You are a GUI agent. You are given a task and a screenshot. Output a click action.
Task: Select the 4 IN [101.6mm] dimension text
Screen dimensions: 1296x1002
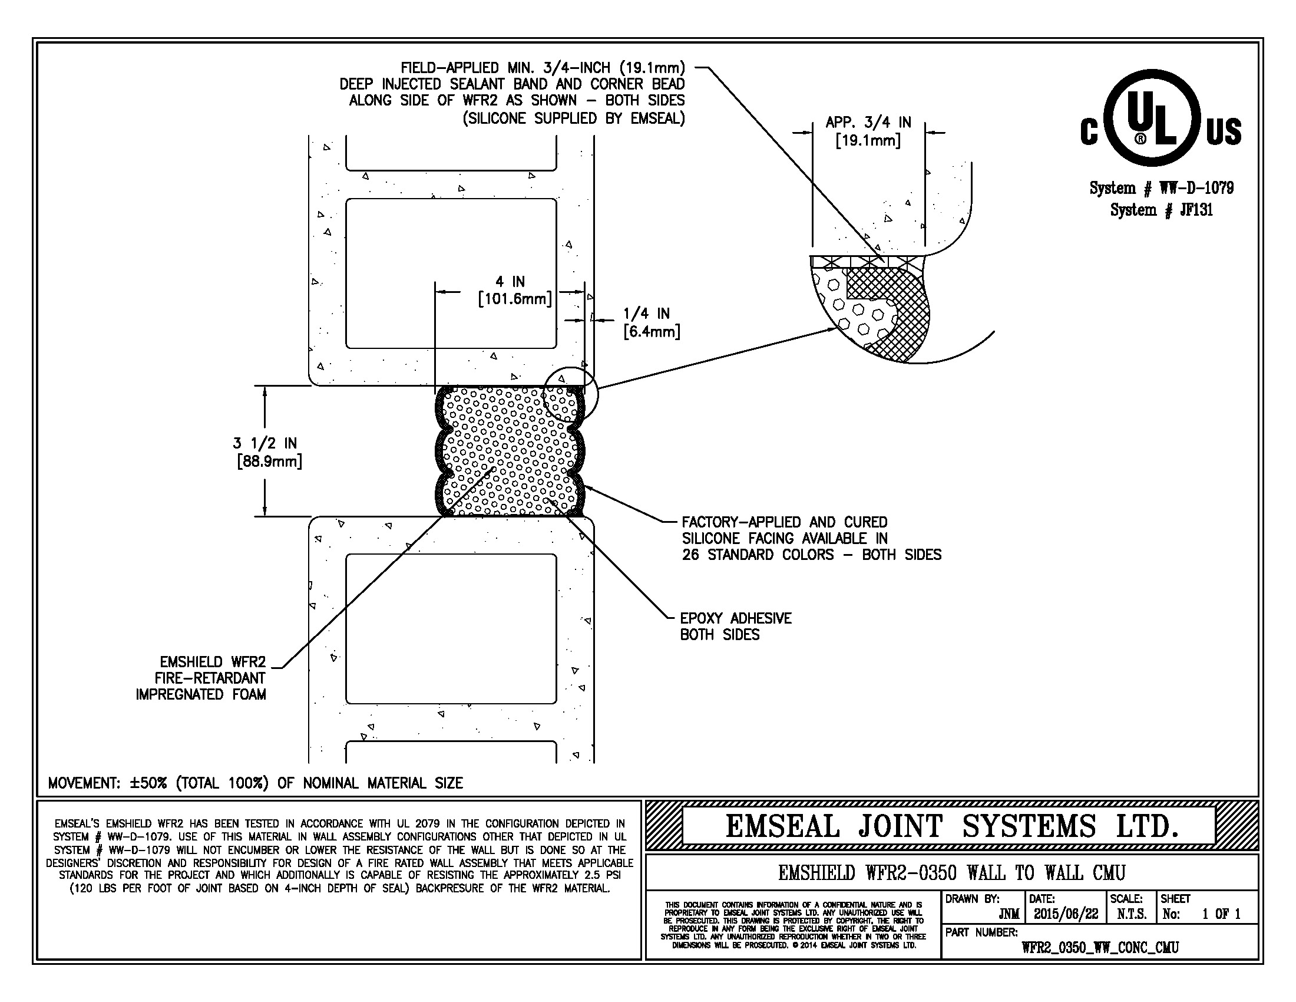coord(514,290)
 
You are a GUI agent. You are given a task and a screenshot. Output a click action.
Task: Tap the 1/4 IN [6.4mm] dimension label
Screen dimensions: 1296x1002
coord(652,322)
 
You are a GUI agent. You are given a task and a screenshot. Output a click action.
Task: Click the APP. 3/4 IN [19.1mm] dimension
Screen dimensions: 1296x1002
coord(868,132)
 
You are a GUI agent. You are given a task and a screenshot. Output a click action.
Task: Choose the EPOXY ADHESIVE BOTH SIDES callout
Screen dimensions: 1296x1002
coord(736,626)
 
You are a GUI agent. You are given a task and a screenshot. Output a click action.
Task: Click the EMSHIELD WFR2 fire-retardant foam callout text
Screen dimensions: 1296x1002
coord(201,678)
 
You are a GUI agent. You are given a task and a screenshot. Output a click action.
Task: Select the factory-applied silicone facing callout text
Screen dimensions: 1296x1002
coord(811,538)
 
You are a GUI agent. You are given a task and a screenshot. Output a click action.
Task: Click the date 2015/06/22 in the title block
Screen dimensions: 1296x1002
coord(1066,914)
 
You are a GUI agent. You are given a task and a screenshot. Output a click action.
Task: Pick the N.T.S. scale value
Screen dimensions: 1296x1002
coord(1132,914)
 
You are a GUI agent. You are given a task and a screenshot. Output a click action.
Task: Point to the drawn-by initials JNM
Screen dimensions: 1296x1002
coord(1009,914)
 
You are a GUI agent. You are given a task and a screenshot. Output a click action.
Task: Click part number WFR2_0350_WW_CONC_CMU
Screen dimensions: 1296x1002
coord(1100,947)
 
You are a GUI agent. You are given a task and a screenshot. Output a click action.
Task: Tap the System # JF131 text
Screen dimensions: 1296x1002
coord(1161,210)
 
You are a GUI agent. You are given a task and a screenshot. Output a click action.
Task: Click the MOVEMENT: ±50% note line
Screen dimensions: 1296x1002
coord(255,783)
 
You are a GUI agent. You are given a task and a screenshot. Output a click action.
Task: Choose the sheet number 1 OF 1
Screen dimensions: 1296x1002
coord(1221,914)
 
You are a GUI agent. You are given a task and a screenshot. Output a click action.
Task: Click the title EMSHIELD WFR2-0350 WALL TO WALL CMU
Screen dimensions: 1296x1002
coord(952,872)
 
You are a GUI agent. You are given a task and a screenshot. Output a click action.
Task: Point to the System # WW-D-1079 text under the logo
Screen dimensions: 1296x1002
coord(1161,188)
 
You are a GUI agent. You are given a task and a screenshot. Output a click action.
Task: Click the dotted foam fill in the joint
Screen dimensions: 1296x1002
coord(509,451)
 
